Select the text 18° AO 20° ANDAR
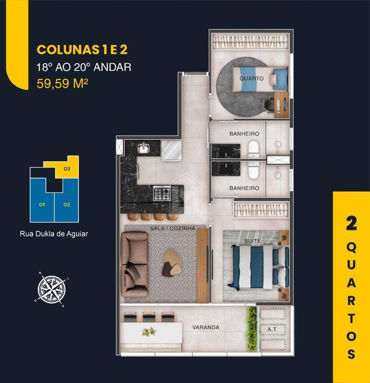point(84,67)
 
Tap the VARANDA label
point(206,327)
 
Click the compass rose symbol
point(52,289)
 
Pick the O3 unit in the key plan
point(67,169)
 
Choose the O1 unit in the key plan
point(42,204)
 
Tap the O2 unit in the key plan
point(66,204)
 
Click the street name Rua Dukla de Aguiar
point(54,235)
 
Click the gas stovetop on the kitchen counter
point(162,193)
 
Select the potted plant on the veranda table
point(149,331)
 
